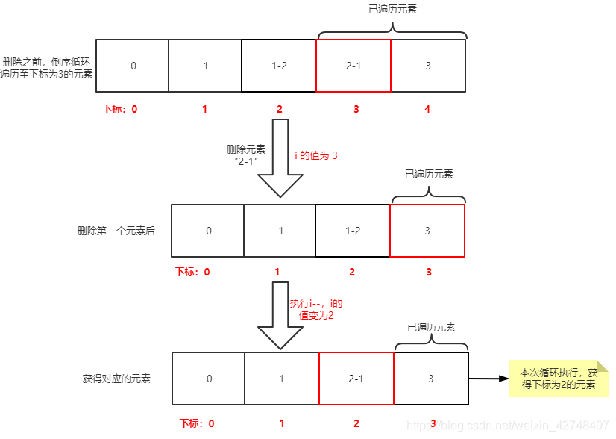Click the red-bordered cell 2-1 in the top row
click(x=353, y=66)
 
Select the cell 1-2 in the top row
click(x=279, y=66)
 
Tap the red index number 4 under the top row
click(x=427, y=109)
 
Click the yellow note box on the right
click(x=559, y=379)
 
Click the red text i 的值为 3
click(x=316, y=155)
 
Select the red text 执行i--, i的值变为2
click(x=315, y=310)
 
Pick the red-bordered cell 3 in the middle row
click(x=427, y=231)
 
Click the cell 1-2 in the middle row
click(x=353, y=231)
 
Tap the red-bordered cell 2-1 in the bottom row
click(x=356, y=379)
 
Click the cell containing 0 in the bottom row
click(x=209, y=379)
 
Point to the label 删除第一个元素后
click(x=116, y=231)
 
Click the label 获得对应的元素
click(x=116, y=379)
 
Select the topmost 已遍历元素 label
click(x=392, y=10)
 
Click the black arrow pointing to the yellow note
click(x=488, y=379)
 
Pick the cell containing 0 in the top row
click(x=133, y=66)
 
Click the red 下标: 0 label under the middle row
click(x=192, y=273)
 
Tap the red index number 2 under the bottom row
click(x=356, y=423)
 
